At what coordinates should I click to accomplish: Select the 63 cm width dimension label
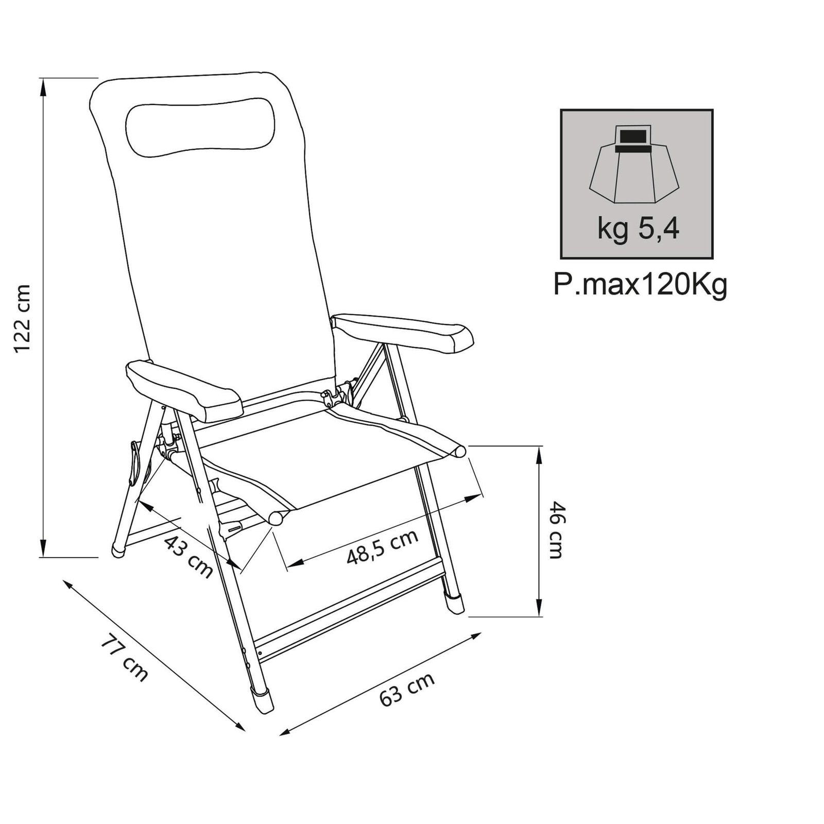click(407, 690)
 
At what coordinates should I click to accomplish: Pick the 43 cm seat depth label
click(188, 557)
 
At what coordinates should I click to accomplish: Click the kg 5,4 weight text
click(638, 229)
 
